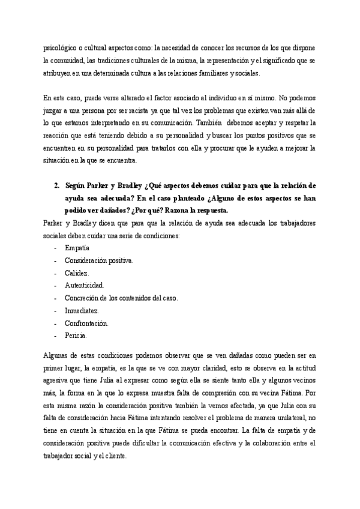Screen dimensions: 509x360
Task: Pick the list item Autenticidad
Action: click(x=84, y=285)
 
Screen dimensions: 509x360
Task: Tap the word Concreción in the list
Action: click(x=84, y=298)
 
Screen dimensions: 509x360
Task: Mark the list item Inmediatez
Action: click(x=82, y=310)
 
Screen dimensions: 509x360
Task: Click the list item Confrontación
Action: click(x=86, y=323)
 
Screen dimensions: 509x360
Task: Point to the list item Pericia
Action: click(x=76, y=336)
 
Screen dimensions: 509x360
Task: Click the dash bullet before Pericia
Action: click(x=56, y=336)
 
